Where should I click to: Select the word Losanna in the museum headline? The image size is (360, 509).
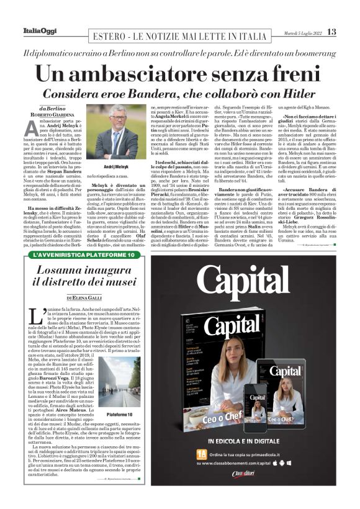pyautogui.click(x=62, y=271)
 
